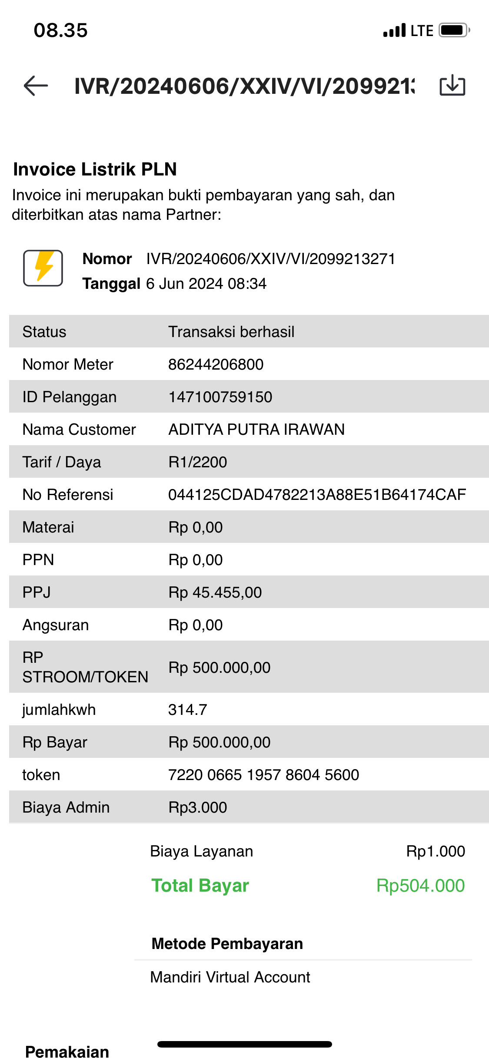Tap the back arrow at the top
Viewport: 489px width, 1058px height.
36,86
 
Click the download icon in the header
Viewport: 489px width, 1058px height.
452,85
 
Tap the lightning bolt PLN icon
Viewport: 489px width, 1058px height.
43,268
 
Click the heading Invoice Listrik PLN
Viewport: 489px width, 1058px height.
95,169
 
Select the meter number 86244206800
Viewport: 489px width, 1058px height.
216,364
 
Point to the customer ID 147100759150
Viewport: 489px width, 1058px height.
220,397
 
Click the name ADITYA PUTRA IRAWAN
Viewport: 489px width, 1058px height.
256,430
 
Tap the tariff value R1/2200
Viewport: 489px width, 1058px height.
197,462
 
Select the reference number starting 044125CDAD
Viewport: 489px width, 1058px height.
317,495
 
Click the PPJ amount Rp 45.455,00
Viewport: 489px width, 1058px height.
215,592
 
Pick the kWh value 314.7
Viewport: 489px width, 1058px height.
187,710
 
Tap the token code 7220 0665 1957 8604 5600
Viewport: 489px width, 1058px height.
263,775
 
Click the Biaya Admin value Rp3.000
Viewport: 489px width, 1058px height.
197,807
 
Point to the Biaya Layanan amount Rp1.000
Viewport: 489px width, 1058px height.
435,851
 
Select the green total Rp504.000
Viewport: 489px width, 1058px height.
420,886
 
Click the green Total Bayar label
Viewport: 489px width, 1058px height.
200,886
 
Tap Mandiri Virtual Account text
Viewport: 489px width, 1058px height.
230,977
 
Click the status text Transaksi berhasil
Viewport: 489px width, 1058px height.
231,332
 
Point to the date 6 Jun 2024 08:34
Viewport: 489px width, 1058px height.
206,284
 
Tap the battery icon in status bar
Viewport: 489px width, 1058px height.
454,30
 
